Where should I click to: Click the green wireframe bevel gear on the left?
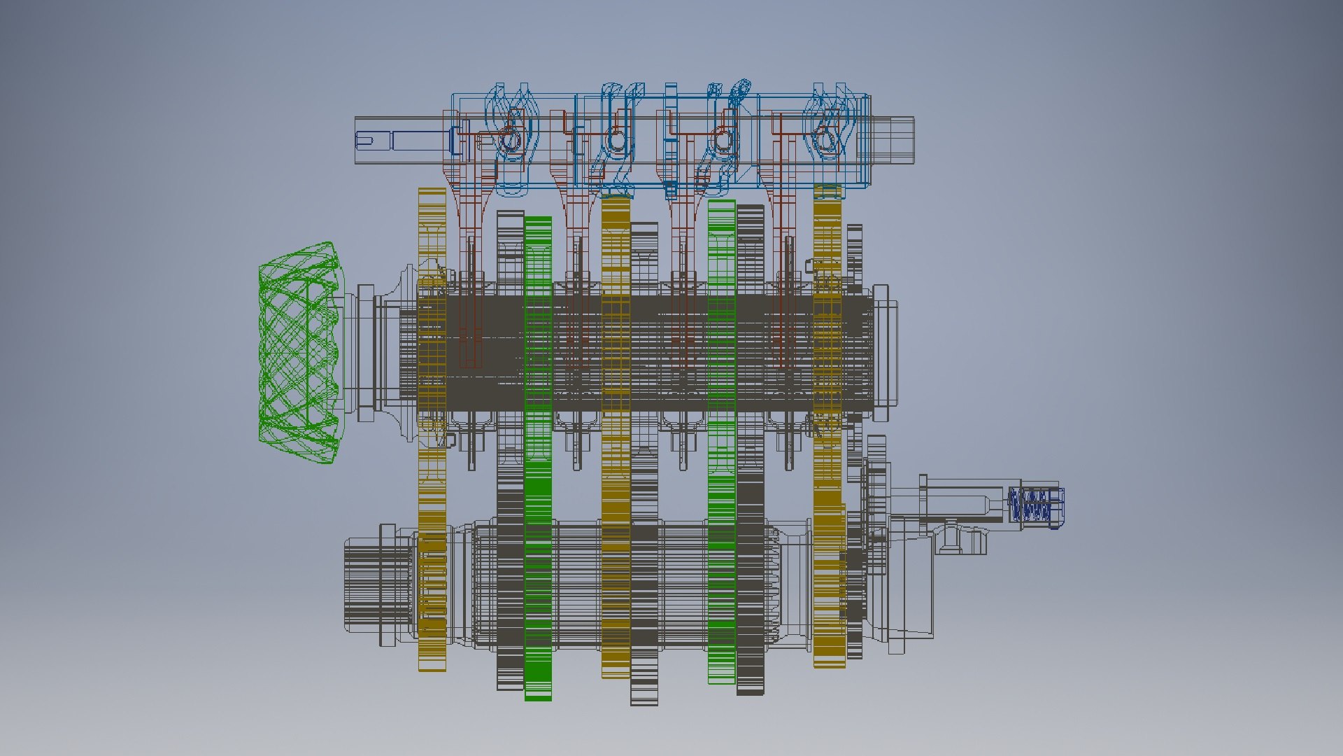point(299,353)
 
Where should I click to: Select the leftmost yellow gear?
point(432,428)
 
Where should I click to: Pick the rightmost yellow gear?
point(827,427)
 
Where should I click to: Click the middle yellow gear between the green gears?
point(616,437)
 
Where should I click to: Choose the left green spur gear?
point(538,458)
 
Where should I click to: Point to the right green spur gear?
point(721,441)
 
